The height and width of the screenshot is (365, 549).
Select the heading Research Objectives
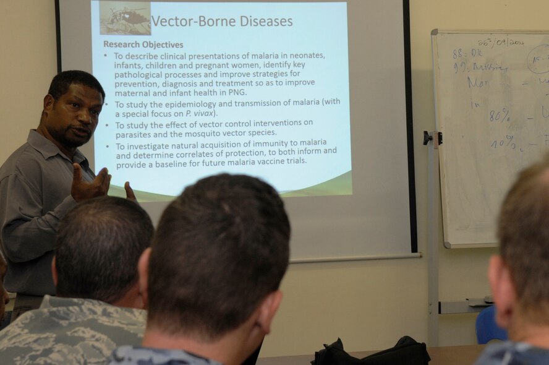pos(143,45)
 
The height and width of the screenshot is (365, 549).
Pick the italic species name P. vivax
pos(199,113)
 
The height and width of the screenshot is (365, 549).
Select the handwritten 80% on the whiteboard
pos(500,116)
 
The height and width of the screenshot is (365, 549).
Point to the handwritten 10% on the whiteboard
pos(503,143)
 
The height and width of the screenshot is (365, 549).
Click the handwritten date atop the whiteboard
pos(501,42)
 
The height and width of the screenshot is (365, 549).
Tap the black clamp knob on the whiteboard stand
pos(427,138)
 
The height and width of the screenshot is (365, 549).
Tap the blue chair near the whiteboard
pos(489,325)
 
